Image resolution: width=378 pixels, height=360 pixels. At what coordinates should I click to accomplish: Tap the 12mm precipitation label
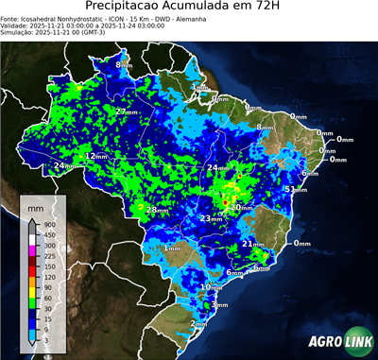coord(95,156)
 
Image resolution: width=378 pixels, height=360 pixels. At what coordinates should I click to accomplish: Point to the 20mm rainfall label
coord(240,207)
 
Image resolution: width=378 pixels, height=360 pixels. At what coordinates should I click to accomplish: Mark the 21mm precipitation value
coord(252,244)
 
